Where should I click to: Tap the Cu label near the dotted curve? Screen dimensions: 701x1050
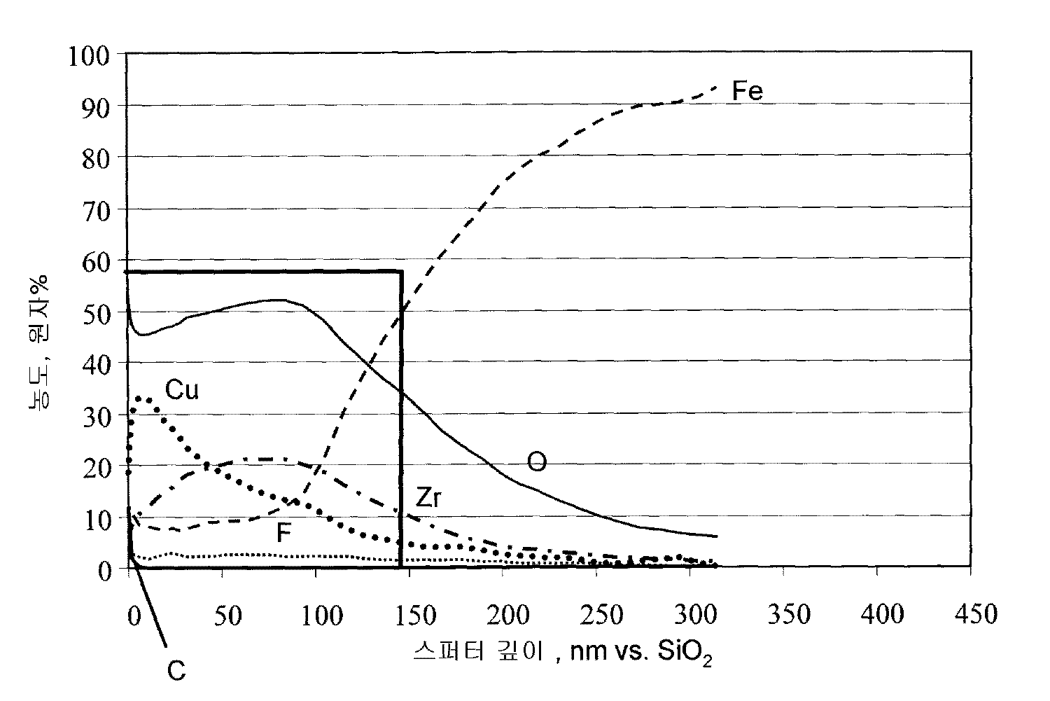(x=182, y=390)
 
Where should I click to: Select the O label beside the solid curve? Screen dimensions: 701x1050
(x=536, y=462)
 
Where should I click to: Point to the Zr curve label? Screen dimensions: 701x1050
(x=428, y=497)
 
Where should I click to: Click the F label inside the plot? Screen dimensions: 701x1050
(x=283, y=534)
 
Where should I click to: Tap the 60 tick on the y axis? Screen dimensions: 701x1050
(x=96, y=261)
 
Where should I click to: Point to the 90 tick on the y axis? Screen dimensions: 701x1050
(x=96, y=106)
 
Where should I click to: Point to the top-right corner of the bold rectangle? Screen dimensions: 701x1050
(x=401, y=271)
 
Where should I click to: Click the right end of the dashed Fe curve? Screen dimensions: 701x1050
(x=716, y=87)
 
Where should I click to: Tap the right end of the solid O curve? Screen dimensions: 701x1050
(x=717, y=536)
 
